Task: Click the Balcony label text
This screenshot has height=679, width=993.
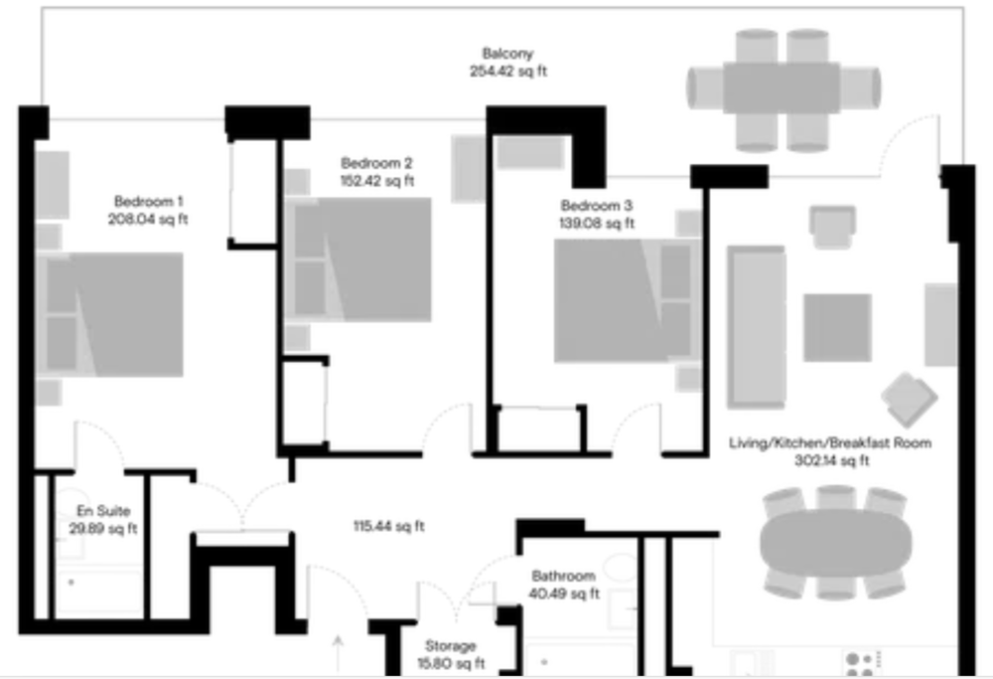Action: (x=507, y=54)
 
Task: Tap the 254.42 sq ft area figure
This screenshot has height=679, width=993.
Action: (x=507, y=72)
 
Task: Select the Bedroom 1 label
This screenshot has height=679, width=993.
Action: (x=149, y=202)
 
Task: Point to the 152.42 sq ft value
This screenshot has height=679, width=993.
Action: (x=377, y=181)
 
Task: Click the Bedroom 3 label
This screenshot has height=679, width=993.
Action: (x=597, y=206)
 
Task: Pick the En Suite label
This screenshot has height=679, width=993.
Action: (x=103, y=511)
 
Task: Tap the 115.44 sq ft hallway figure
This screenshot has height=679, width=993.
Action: (x=389, y=526)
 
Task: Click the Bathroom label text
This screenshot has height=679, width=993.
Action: (x=564, y=577)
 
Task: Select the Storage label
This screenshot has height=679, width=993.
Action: (x=450, y=646)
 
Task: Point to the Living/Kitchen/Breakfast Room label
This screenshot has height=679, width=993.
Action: (x=830, y=443)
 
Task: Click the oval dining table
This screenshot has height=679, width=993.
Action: (x=836, y=543)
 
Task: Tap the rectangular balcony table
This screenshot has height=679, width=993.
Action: (x=782, y=88)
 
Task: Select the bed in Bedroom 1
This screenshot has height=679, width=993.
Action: (x=110, y=314)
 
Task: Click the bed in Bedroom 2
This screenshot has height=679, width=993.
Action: (x=358, y=259)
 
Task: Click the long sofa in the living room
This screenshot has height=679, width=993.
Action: (x=757, y=327)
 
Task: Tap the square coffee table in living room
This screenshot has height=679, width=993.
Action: (x=837, y=328)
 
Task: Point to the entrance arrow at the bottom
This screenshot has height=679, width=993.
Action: (x=339, y=653)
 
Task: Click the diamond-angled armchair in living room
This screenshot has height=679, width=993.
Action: (x=909, y=400)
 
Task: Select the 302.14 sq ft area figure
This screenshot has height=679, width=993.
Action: (x=831, y=461)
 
